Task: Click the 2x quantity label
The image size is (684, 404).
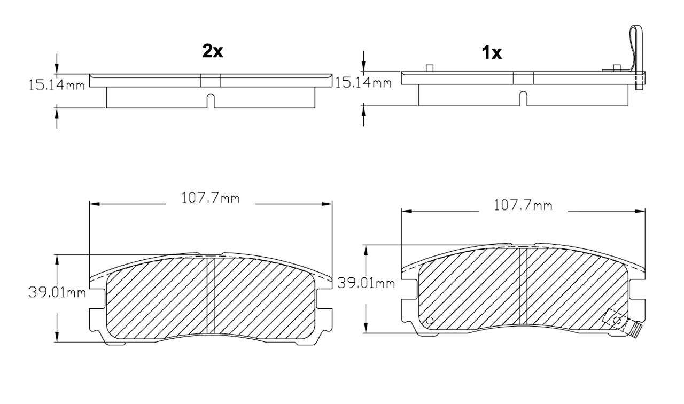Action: (212, 51)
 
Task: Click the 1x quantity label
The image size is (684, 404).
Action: (491, 53)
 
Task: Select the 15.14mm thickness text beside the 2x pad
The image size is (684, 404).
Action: (57, 84)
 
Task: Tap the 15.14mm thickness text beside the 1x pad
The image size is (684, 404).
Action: (362, 82)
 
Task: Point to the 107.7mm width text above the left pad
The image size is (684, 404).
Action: (211, 198)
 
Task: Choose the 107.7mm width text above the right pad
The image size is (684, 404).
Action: (523, 205)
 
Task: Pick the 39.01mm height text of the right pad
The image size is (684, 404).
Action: (366, 283)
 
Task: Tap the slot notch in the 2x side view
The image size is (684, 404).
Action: (211, 100)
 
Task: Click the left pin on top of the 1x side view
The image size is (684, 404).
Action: (429, 68)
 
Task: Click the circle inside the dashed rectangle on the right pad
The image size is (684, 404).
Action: (618, 321)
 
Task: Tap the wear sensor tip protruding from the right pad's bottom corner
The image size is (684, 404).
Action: (635, 331)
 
